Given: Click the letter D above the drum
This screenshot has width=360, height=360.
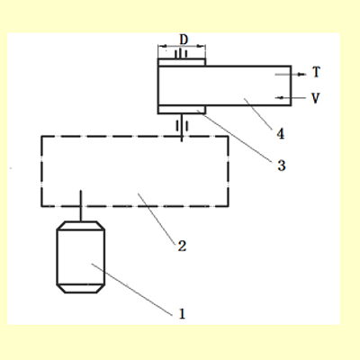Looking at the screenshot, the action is pos(184,40).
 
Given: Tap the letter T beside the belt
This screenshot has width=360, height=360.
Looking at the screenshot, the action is pos(316,72).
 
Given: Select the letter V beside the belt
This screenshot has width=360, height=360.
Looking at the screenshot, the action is pos(315,98).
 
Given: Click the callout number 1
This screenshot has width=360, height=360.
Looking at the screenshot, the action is pos(182,314).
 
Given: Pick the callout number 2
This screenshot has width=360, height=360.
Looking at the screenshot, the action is pos(182,246).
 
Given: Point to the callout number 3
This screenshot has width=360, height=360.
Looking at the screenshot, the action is pos(282,166).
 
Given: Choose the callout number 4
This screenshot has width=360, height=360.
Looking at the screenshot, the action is pos(281,134).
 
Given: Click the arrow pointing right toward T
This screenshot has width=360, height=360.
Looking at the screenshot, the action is pos(290,74).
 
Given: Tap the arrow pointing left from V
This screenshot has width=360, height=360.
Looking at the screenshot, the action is pos(290,98).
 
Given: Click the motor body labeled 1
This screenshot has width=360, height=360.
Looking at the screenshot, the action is pos(81,257).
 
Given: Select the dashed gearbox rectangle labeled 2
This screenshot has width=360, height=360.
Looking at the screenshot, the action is pos(41,171).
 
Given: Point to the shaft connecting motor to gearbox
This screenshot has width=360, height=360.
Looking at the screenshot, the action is pos(80,206).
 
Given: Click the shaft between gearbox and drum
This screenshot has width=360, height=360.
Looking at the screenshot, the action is pos(182,128).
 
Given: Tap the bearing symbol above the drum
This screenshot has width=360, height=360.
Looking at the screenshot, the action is pos(181,53).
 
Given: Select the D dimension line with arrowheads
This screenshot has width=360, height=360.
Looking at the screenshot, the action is pos(182,46).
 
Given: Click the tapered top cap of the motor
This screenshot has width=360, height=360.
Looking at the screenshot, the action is pos(81,226).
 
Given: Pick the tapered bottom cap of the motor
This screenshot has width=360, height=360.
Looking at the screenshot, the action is pos(81,289).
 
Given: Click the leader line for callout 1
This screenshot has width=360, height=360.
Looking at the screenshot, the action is pos(132,290).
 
